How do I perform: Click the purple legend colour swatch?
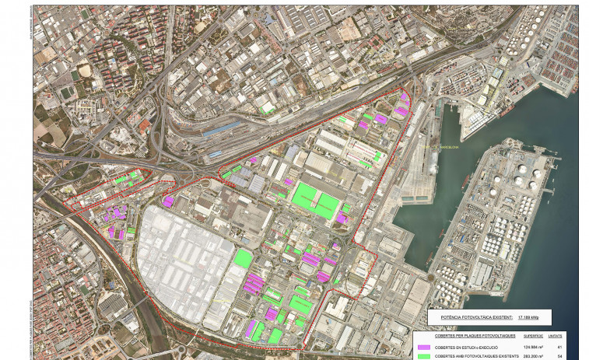point(424,347)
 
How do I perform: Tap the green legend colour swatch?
point(424,356)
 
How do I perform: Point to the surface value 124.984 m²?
point(531,347)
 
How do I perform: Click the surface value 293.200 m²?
point(531,356)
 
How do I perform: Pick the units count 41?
point(559,347)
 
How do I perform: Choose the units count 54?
point(559,356)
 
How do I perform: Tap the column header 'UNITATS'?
point(558,336)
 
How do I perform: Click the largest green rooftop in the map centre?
point(315,199)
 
